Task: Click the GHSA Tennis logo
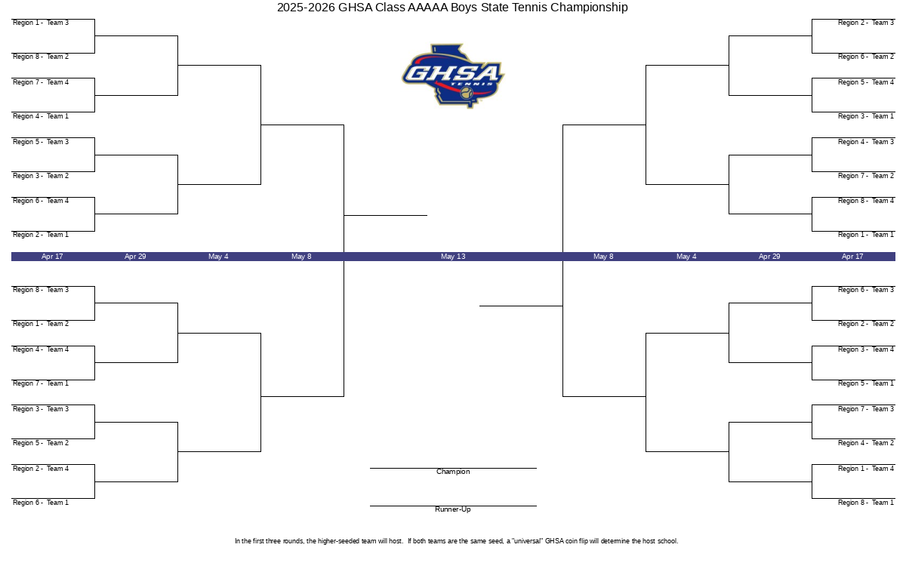coord(453,76)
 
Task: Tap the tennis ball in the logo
coord(467,93)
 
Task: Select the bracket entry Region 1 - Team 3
coord(41,23)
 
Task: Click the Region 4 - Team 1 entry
coord(41,116)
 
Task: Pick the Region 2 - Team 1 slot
coord(41,235)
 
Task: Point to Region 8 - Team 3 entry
coord(41,290)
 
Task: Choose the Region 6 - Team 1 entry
coord(41,503)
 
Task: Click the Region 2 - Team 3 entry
coord(865,23)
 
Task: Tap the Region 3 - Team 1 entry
coord(865,116)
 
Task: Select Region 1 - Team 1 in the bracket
coord(865,235)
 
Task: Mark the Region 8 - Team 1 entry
coord(865,503)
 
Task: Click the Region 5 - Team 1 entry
coord(865,383)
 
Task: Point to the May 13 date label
coord(453,257)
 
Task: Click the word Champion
coord(453,472)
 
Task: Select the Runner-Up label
coord(452,509)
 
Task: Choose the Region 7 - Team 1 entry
coord(41,383)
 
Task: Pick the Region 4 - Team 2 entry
coord(865,443)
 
